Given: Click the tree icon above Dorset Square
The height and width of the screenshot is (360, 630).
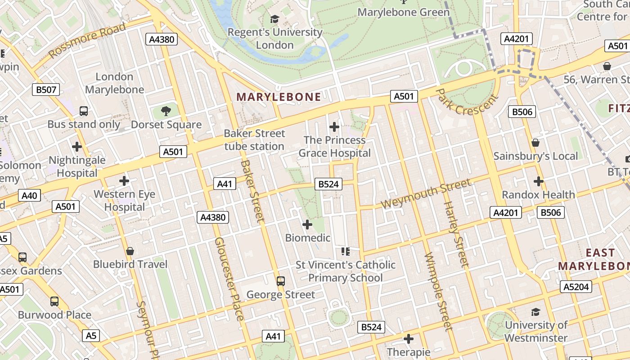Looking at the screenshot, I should tap(166, 111).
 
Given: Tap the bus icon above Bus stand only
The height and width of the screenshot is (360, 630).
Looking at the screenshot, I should tap(84, 111).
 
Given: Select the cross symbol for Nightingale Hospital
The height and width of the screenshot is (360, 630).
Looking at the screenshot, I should tap(77, 146).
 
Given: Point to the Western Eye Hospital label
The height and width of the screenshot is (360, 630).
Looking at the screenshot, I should tap(124, 201).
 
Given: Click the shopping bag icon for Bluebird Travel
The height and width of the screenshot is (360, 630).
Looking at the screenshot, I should tap(130, 251).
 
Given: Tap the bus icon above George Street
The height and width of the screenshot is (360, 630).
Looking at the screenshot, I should tap(281, 281).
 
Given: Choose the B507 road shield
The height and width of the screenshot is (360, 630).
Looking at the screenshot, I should tap(46, 90).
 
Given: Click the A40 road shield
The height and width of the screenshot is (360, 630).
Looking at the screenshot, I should tap(30, 195).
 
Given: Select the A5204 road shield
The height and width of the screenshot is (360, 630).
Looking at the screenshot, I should tap(576, 287).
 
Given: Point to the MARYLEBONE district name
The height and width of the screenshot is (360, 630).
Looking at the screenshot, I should tap(279, 97).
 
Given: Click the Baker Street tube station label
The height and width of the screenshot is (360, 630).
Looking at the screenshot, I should tap(254, 140).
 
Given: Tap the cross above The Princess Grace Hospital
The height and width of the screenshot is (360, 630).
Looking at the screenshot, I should tap(334, 127).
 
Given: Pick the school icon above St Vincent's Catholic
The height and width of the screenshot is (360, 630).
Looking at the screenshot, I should tap(346, 251).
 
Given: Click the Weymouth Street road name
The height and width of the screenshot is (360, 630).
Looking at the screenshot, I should tap(426, 193).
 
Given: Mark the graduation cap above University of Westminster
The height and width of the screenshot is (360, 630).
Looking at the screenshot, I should tap(535, 312).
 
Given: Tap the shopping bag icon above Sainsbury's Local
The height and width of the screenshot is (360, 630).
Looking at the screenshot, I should tap(535, 143).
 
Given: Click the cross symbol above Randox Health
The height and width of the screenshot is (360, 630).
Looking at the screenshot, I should tap(539, 181).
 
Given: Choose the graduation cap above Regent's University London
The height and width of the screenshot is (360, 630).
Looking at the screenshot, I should tap(274, 19).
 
